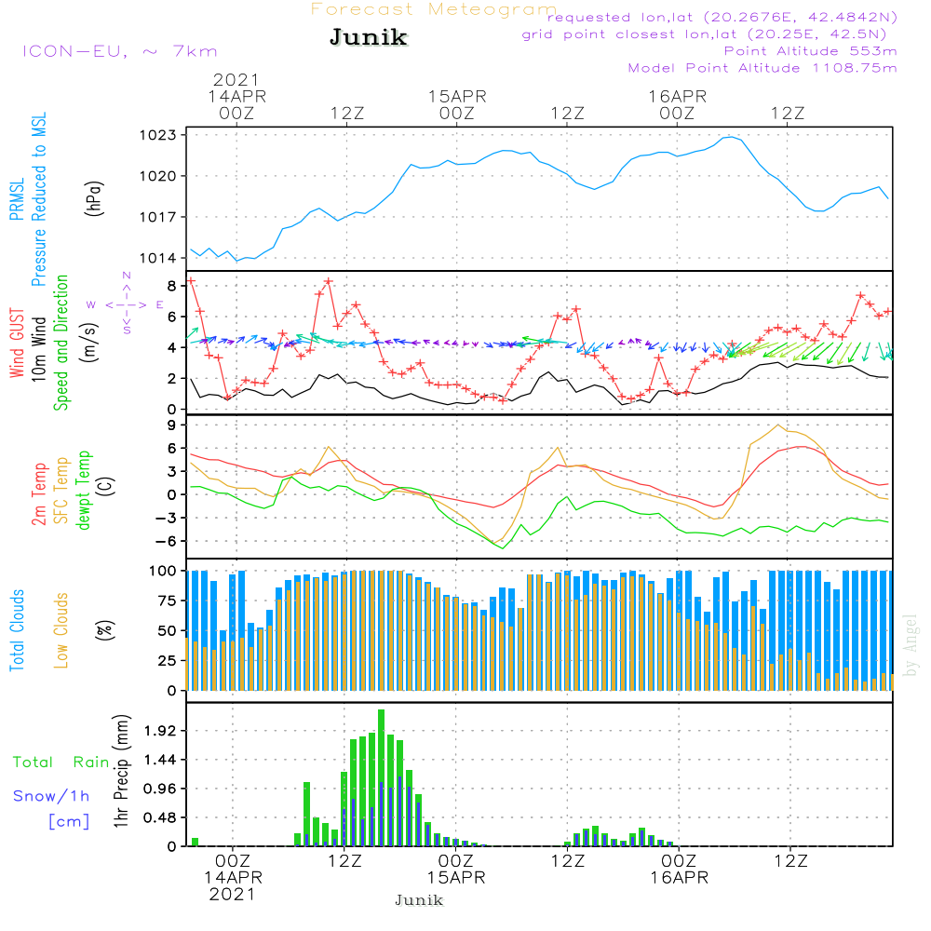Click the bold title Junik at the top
tap(368, 38)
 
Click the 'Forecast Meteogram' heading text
tap(434, 9)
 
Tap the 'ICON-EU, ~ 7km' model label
tap(119, 51)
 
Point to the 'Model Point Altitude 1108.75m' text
tap(762, 68)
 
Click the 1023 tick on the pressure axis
tap(163, 135)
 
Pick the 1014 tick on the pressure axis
tap(163, 258)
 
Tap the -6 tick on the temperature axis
tap(168, 541)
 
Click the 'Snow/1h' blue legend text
tap(52, 797)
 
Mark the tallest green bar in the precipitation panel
tap(382, 777)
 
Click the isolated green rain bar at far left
tap(196, 842)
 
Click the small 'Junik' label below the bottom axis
tap(419, 900)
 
